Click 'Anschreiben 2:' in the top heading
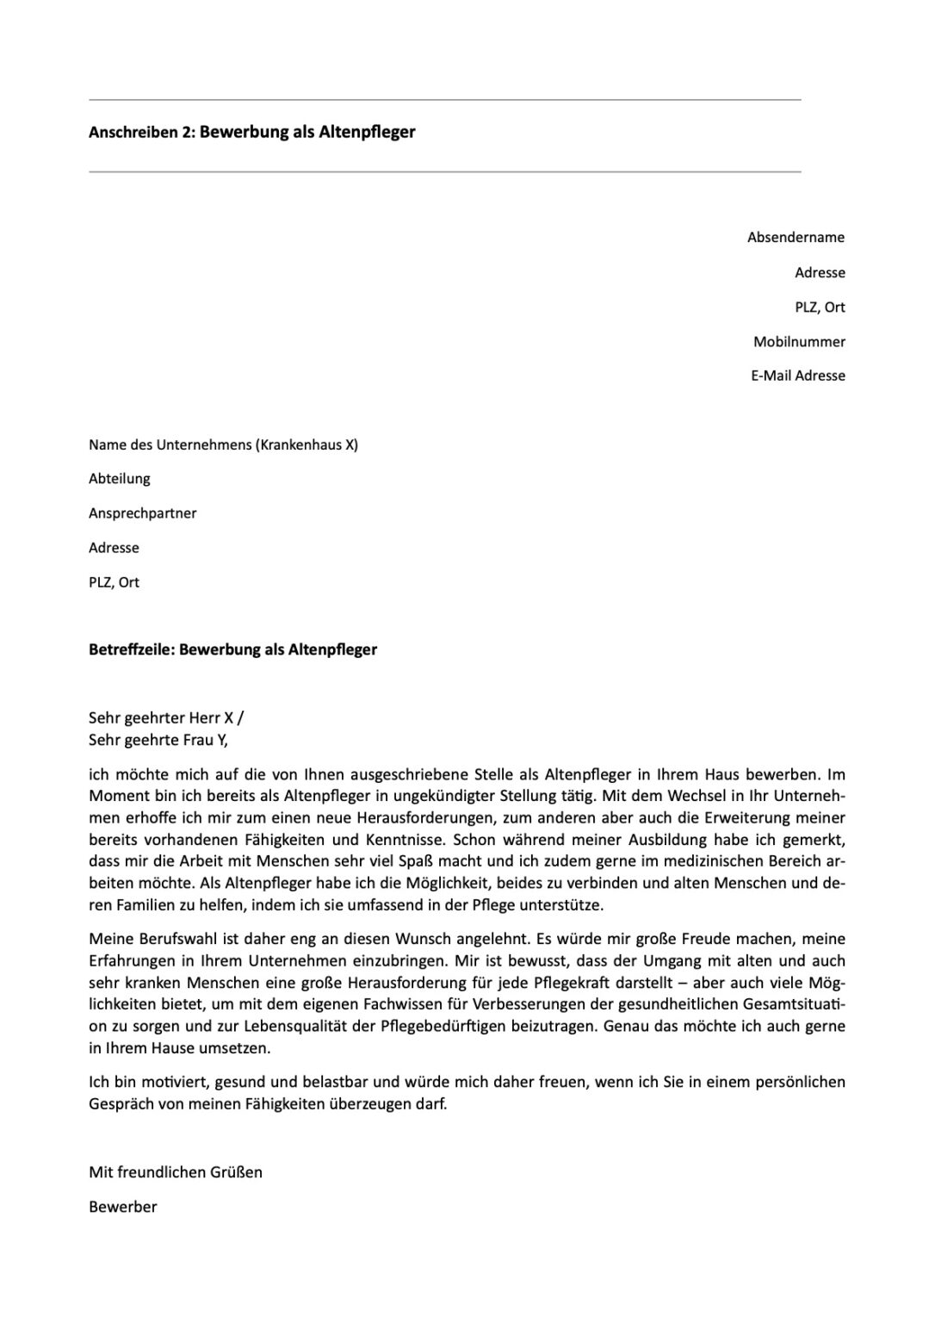tap(142, 133)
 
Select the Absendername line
tap(796, 238)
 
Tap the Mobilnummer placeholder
tap(799, 342)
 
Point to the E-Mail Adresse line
tap(797, 376)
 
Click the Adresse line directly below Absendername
tap(820, 273)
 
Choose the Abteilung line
tap(120, 479)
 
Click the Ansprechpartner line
tap(143, 513)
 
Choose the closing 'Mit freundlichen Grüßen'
tap(176, 1172)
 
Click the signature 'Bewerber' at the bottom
tap(123, 1208)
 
